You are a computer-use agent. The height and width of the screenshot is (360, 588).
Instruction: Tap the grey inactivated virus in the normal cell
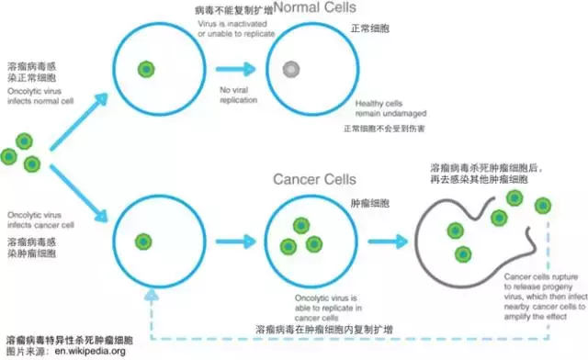click(x=290, y=69)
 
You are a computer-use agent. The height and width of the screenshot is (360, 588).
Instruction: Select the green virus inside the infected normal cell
click(x=146, y=69)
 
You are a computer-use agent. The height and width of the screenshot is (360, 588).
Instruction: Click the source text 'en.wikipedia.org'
click(x=90, y=351)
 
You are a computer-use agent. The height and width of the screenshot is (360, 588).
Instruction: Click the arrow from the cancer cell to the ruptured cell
click(x=390, y=242)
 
